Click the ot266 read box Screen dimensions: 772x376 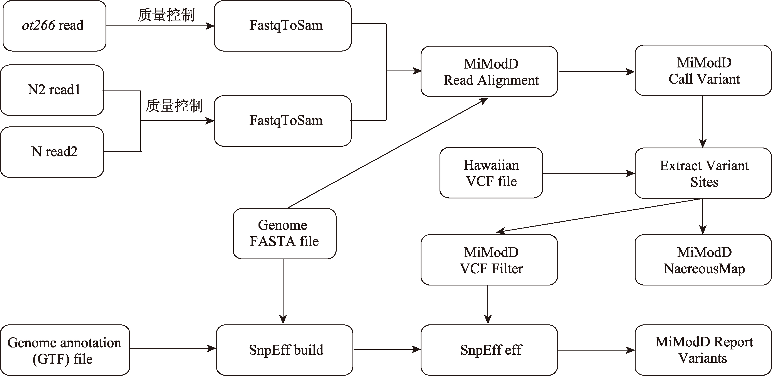point(54,26)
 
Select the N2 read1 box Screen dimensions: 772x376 point(52,90)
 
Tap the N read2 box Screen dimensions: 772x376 point(52,152)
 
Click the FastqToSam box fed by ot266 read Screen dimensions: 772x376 point(283,26)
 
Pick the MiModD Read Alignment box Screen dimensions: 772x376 point(489,71)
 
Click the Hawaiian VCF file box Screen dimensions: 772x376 point(491,173)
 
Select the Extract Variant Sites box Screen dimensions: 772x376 point(703,173)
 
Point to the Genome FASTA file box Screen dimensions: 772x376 point(285,234)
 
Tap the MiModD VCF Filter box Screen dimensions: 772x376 point(489,260)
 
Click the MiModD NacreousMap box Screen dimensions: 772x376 point(703,260)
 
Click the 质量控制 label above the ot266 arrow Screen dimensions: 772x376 point(166,15)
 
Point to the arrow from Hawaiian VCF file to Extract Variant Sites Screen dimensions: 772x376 point(589,173)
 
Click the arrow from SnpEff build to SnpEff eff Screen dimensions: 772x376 point(387,349)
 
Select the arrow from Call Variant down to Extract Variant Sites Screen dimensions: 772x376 point(703,122)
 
